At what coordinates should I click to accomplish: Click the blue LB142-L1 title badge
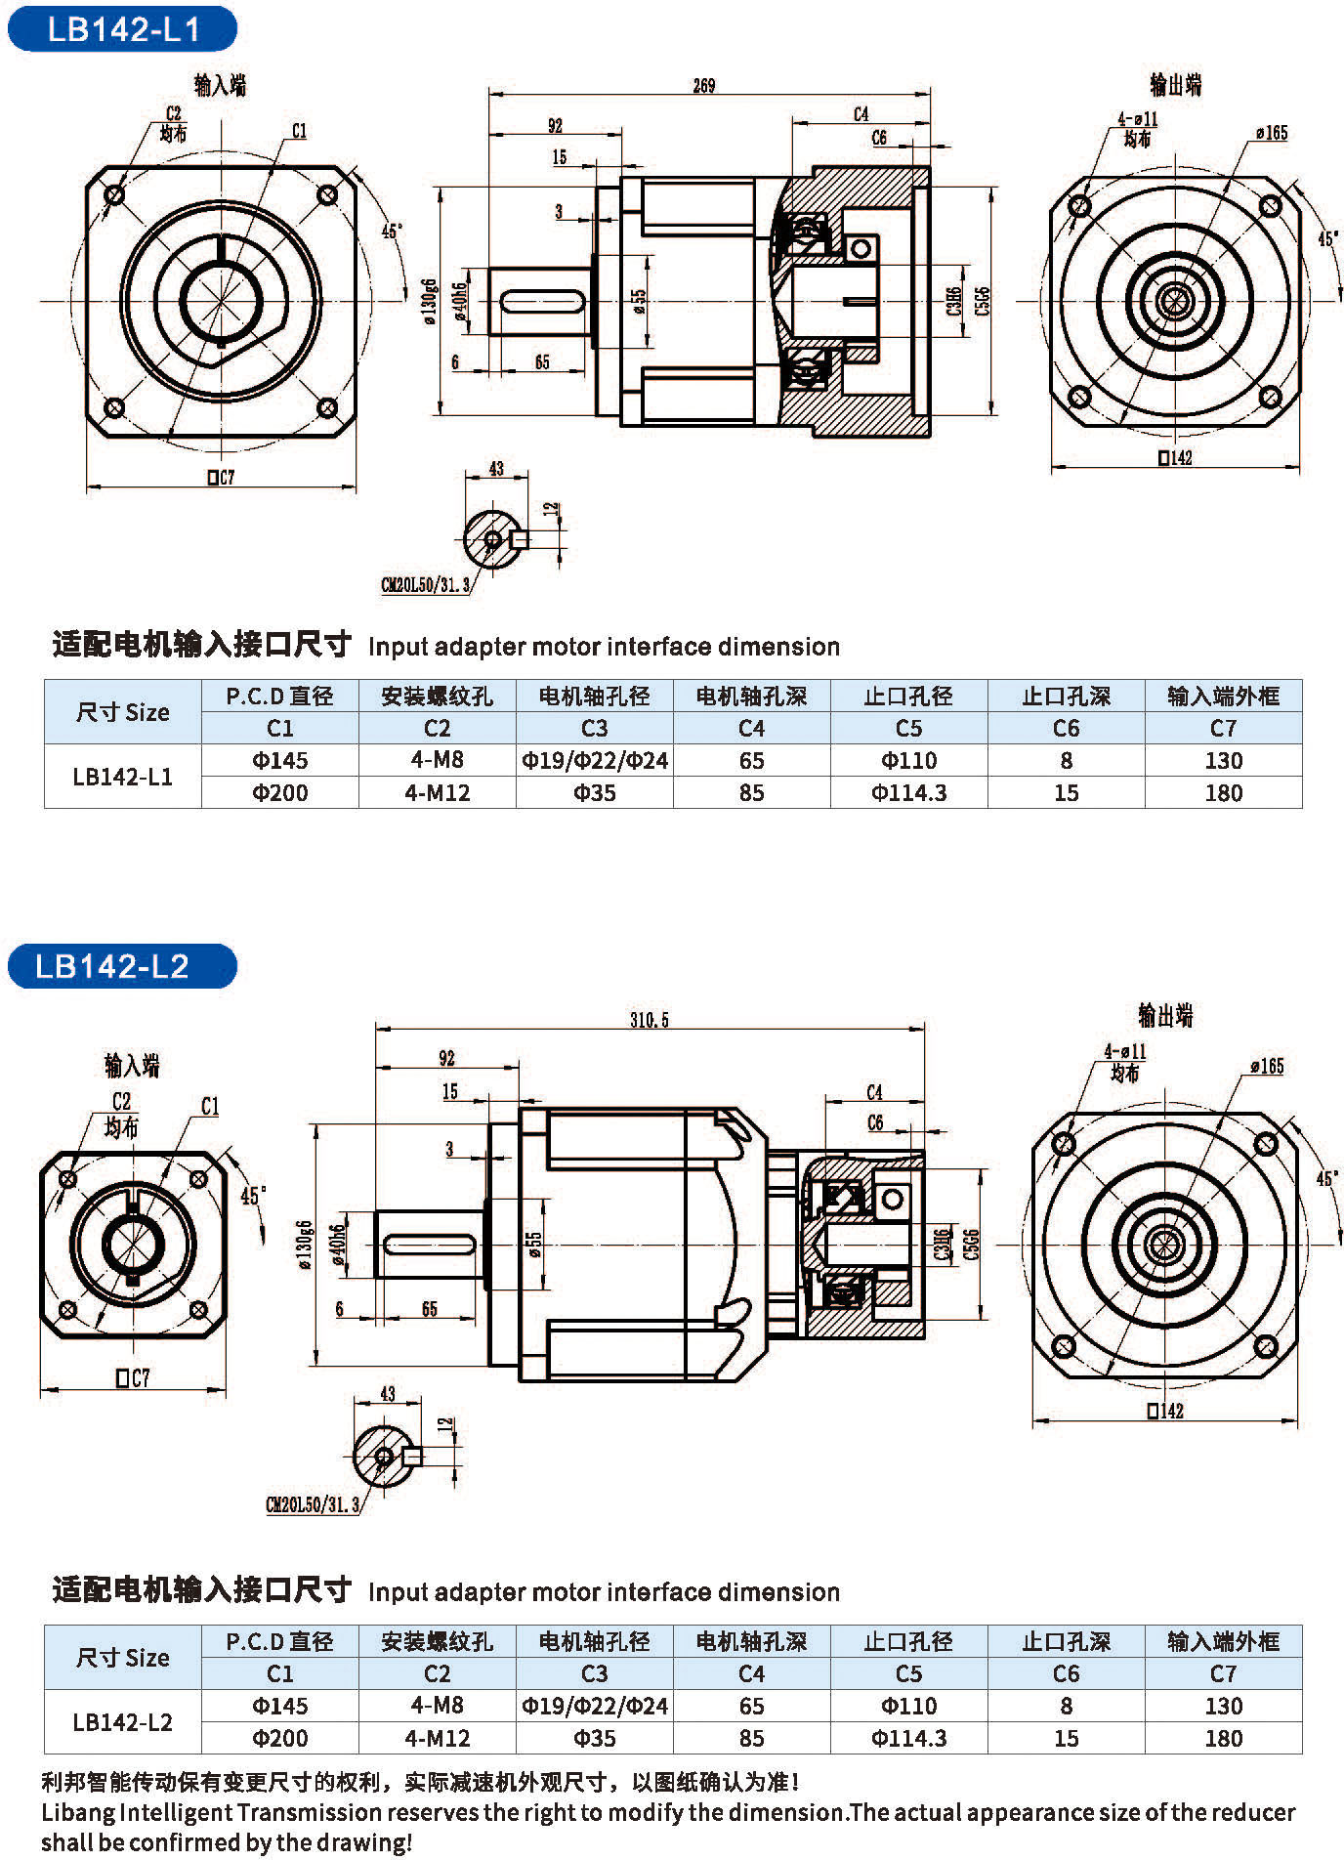coord(123,29)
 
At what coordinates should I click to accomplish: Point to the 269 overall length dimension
coord(704,86)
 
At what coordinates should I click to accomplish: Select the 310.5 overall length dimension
coord(650,1020)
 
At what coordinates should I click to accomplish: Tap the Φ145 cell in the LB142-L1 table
coord(280,760)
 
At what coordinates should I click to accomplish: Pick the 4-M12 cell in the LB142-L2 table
coord(437,1738)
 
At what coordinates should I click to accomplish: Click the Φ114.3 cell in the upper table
coord(908,792)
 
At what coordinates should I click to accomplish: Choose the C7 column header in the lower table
coord(1223,1673)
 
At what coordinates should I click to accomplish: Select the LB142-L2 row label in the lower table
coord(123,1721)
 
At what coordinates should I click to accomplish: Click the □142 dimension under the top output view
coord(1175,457)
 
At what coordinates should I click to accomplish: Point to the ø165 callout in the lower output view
coord(1267,1066)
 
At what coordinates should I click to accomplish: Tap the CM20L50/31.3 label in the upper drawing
coord(426,585)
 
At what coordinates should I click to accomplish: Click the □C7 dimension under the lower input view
coord(133,1377)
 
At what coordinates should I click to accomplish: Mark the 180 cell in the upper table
coord(1223,792)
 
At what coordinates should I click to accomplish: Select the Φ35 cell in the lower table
coord(594,1738)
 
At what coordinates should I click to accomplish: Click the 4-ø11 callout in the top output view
coord(1138,119)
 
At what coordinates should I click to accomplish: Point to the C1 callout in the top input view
coord(299,131)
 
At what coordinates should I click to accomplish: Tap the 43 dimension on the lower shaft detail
coord(388,1394)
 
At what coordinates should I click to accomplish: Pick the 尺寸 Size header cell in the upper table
coord(123,712)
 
